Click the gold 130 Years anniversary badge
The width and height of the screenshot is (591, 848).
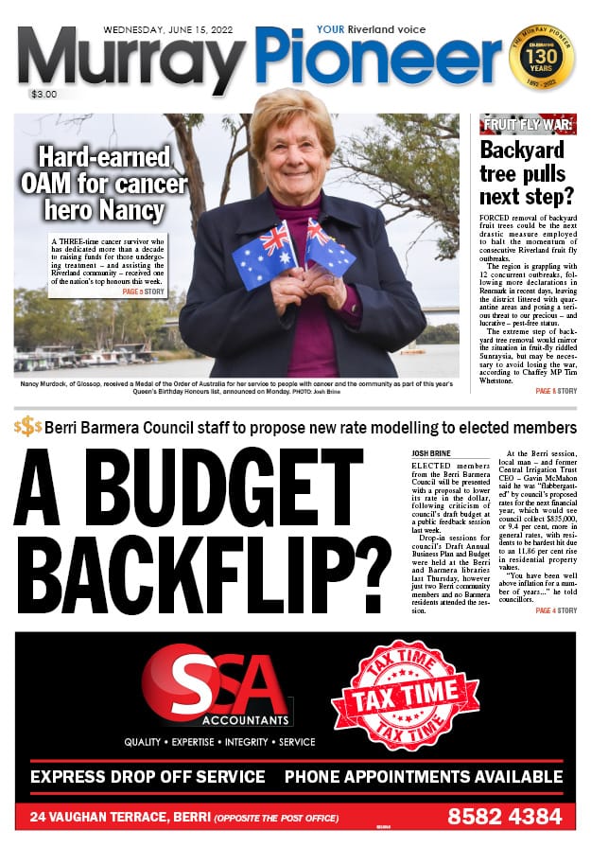[541, 56]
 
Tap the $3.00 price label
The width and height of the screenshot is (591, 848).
[43, 95]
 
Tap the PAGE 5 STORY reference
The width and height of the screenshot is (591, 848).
[143, 291]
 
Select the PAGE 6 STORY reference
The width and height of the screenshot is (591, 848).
[555, 391]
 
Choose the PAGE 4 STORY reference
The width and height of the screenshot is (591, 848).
[555, 611]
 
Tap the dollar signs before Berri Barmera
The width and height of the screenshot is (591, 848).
[27, 427]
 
